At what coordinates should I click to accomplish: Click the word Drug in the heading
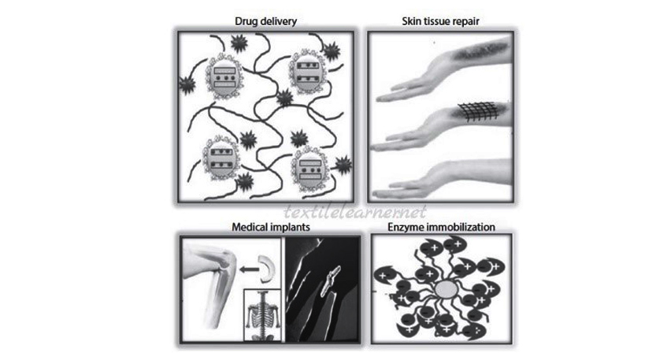click(x=245, y=21)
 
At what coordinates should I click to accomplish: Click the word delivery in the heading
click(x=277, y=20)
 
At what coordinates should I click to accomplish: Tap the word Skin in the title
click(x=411, y=20)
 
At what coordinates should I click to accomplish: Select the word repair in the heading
click(x=465, y=22)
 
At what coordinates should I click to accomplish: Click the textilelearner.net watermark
click(x=355, y=211)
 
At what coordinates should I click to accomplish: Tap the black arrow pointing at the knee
click(x=250, y=269)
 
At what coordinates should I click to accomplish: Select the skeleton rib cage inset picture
click(x=262, y=315)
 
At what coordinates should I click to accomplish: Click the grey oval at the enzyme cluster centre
click(x=447, y=290)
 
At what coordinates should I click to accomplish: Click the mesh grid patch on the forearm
click(x=478, y=112)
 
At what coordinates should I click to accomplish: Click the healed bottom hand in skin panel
click(x=443, y=179)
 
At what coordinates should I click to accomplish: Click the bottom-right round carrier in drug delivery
click(x=310, y=169)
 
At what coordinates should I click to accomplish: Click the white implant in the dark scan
click(x=330, y=280)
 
